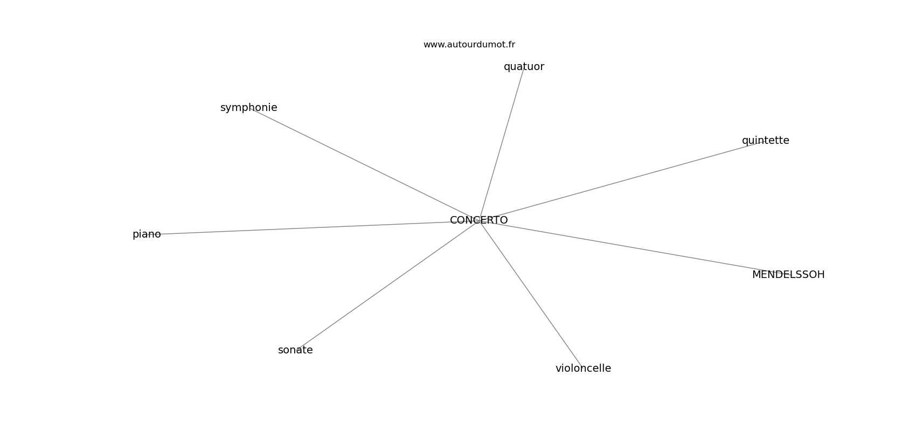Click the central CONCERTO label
tap(478, 220)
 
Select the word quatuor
tap(524, 67)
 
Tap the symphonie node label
tap(248, 108)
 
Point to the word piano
tap(147, 234)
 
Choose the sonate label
tap(295, 350)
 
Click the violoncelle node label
tap(583, 368)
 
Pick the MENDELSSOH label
tap(788, 275)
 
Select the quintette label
tap(766, 141)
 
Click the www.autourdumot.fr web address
tap(469, 45)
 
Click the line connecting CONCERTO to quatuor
tap(501, 144)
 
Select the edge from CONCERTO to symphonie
tap(364, 165)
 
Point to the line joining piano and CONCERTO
tap(313, 228)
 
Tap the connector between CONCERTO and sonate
tap(388, 286)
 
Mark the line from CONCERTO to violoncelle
tap(531, 295)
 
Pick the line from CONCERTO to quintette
tap(622, 181)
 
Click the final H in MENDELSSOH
tap(821, 275)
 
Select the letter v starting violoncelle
tap(559, 369)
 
